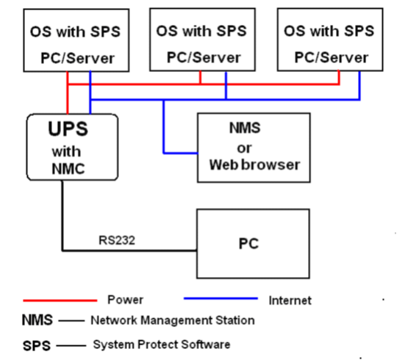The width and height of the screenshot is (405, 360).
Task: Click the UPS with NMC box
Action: click(71, 147)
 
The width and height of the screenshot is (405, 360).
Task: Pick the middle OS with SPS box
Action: click(201, 41)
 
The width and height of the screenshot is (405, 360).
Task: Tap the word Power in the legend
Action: click(125, 300)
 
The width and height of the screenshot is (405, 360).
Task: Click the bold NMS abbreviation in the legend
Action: click(36, 320)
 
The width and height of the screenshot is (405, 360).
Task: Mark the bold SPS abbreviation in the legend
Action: click(36, 344)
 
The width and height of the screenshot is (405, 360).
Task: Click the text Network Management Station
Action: click(172, 320)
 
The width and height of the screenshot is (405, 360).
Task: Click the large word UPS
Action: click(68, 129)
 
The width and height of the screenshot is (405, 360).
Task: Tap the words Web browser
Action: click(255, 165)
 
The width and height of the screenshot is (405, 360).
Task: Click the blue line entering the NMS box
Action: click(180, 153)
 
